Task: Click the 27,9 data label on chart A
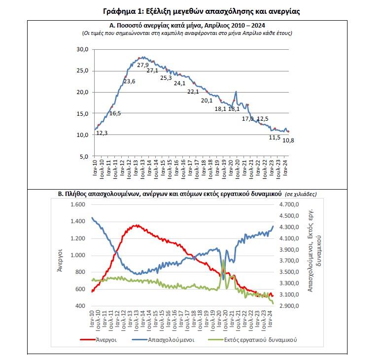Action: tap(143, 65)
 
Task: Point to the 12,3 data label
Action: tap(102, 133)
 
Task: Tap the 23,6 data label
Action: tap(129, 81)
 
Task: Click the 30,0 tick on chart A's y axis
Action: tap(83, 50)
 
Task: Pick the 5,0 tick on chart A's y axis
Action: tap(85, 156)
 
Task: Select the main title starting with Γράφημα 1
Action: tap(192, 10)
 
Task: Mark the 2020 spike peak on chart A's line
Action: tap(237, 92)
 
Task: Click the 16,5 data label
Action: tap(115, 113)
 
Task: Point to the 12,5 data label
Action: tap(263, 119)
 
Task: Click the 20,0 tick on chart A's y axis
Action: tap(83, 92)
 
